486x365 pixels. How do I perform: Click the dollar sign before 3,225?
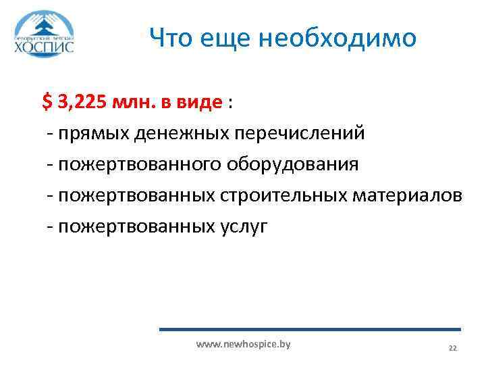pos(46,102)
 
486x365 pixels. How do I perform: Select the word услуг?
pos(242,226)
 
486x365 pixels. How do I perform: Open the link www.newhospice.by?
pos(243,345)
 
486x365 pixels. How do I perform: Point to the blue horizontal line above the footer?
pos(310,329)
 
